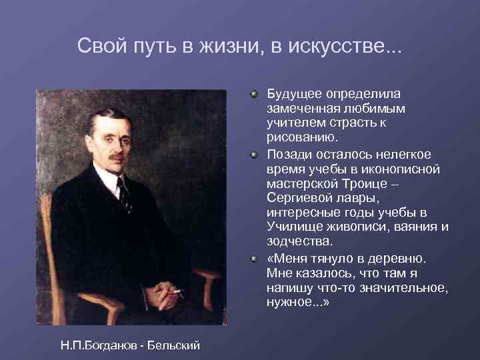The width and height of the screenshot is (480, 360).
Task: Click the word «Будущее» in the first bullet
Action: click(x=292, y=94)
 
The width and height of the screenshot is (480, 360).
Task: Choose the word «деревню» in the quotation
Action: click(x=406, y=258)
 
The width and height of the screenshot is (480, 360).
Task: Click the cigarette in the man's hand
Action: click(x=177, y=291)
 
